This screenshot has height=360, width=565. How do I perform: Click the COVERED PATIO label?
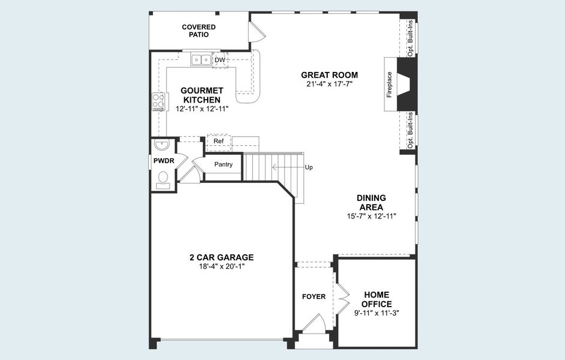[x=199, y=31]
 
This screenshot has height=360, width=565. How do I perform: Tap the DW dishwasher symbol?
[x=220, y=60]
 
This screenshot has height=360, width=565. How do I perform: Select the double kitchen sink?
[x=201, y=59]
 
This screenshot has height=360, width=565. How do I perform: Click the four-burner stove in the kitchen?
[x=159, y=102]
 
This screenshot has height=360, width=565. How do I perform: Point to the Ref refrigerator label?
[x=219, y=142]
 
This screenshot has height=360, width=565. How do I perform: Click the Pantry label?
[x=223, y=164]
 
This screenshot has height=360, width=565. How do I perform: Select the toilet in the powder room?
[x=163, y=179]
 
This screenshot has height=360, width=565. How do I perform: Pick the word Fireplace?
[x=389, y=84]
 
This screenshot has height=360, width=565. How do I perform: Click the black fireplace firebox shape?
[x=406, y=84]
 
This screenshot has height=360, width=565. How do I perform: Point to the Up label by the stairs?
[x=309, y=167]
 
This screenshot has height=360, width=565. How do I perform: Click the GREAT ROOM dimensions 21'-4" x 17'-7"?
[x=329, y=85]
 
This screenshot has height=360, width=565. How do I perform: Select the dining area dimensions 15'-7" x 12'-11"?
[x=371, y=216]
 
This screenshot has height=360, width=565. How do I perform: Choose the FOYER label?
[x=313, y=296]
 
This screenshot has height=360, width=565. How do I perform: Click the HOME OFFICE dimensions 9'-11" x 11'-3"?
[x=376, y=313]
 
